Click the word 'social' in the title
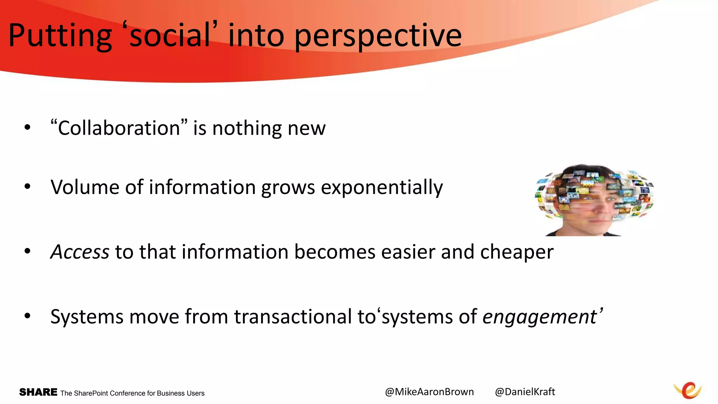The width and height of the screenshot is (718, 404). [x=170, y=36]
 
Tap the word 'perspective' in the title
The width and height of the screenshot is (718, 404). [x=378, y=36]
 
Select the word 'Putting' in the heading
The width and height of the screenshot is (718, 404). [x=60, y=36]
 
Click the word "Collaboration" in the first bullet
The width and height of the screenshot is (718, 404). [x=119, y=128]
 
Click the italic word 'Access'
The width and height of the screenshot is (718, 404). [x=80, y=252]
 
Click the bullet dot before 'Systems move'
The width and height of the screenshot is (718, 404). [x=27, y=316]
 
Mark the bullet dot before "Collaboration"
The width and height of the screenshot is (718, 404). [x=27, y=128]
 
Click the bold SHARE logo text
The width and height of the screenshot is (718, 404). [x=38, y=392]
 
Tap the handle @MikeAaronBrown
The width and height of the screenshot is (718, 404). [x=429, y=392]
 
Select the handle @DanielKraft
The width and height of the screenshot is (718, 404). [x=525, y=392]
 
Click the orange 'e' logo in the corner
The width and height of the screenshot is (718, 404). [x=688, y=390]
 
